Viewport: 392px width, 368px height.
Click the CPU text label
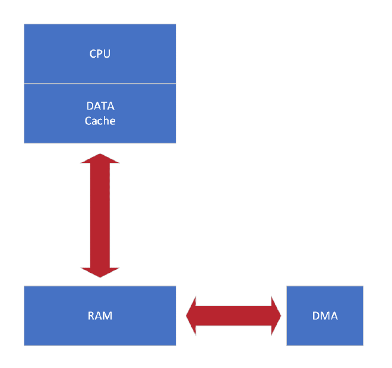100,54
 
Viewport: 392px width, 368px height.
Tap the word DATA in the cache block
100,106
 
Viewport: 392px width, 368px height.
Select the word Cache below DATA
100,121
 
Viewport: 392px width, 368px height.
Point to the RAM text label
100,316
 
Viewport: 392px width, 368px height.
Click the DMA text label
325,316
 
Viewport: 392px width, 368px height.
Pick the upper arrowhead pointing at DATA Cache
100,158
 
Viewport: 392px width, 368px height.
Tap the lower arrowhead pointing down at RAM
100,272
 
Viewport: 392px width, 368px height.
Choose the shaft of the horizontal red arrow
233,316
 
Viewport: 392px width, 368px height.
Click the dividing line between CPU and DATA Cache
100,84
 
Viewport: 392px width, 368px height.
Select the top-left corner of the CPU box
24,24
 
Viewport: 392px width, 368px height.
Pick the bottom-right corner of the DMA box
363,345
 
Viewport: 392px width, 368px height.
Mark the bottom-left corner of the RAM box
24,345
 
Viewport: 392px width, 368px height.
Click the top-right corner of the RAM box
176,286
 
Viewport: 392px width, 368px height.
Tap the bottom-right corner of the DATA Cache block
176,143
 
